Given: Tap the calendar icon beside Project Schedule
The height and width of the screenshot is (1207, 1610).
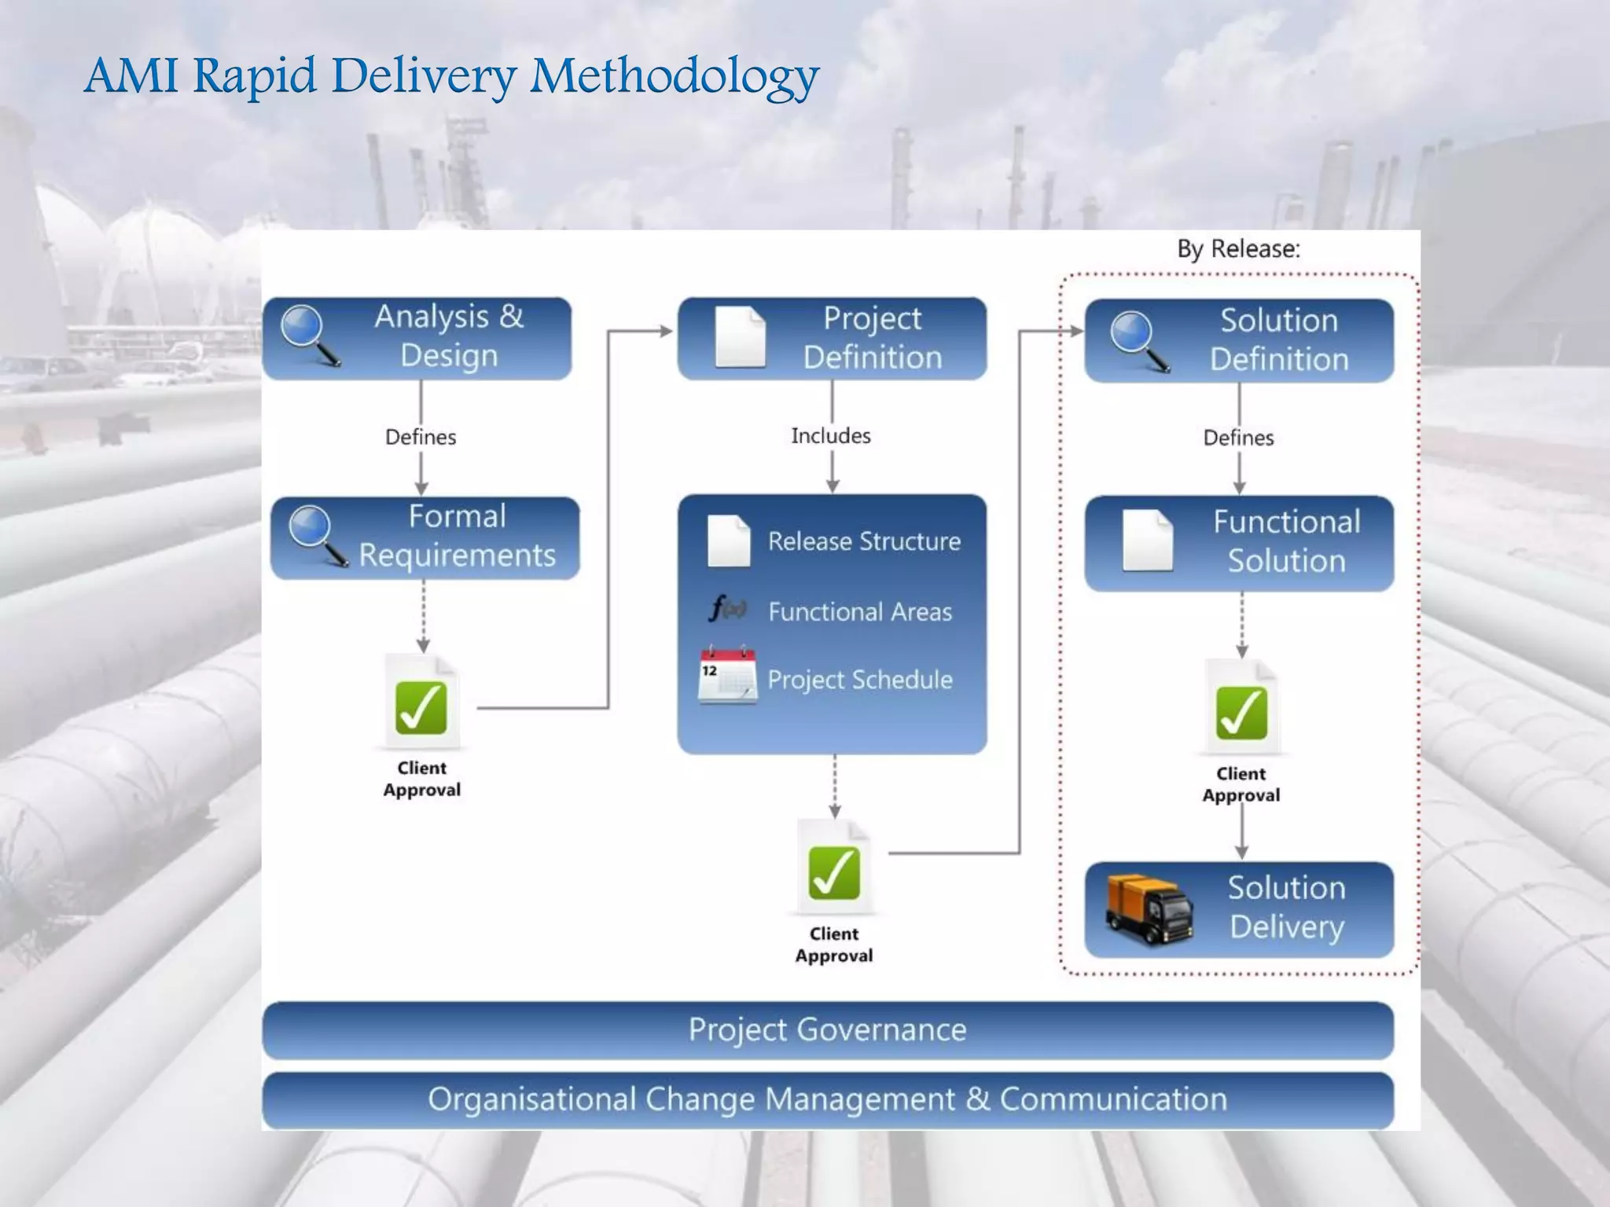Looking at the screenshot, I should coord(727,675).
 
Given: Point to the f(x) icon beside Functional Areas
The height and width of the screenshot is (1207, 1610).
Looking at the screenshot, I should coord(727,608).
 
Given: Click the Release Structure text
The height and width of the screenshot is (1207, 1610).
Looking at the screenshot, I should coord(864,541).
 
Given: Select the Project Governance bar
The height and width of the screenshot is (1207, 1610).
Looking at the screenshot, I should coord(827,1029).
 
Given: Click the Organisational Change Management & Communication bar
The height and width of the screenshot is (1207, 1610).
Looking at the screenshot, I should coord(827,1099).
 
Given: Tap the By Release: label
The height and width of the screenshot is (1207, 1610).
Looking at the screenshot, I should coord(1238,249).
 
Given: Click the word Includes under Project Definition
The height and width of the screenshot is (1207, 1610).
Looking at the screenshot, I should coord(831,435).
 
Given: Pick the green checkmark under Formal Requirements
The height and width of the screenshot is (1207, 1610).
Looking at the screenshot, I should coord(421,707).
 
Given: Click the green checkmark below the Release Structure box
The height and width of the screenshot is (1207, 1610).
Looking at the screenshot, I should coord(834,872).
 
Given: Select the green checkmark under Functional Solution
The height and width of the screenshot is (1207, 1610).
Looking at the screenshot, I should coord(1241,713).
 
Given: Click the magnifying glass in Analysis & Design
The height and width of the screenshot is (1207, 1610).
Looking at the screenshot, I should coord(310,334).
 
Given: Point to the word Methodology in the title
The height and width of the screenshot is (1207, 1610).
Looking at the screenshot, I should coord(675,77).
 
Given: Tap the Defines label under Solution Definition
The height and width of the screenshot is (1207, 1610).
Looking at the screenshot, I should coord(1238,438).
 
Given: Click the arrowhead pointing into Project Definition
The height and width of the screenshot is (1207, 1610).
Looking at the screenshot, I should coord(666,332).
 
